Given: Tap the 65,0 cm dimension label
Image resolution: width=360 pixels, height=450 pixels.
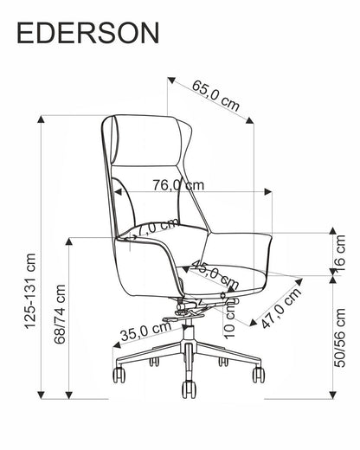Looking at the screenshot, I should click(215, 95).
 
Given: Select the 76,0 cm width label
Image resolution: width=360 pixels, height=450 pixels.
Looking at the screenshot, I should click(179, 184).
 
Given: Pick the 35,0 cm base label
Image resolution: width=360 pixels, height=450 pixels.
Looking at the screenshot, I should click(145, 330).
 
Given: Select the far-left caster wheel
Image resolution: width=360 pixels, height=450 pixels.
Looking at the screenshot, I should click(118, 374).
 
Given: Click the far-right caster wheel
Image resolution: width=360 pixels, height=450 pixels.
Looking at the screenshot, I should click(258, 374).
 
